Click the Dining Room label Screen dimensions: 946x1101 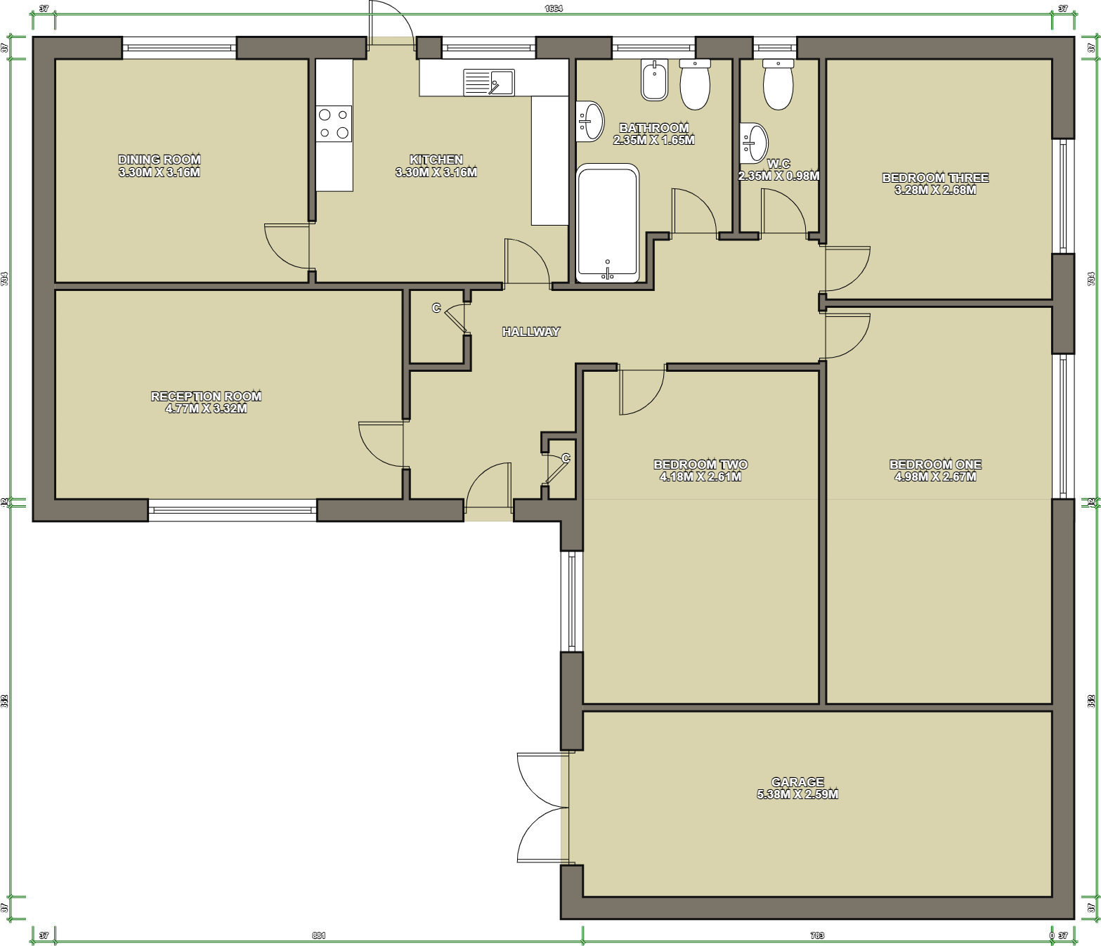(x=159, y=160)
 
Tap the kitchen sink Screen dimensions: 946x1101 (x=488, y=82)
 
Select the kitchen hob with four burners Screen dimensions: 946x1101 (x=333, y=124)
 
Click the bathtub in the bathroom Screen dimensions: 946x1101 (x=607, y=223)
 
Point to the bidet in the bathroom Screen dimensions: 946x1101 (x=654, y=80)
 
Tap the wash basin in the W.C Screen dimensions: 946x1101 (x=754, y=143)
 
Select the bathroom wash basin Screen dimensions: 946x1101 (x=589, y=122)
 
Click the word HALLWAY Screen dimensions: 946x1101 (x=530, y=332)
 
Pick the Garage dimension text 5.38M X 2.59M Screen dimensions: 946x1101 (x=797, y=794)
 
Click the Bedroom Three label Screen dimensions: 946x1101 (x=935, y=178)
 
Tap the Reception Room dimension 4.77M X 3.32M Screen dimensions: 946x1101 (x=206, y=408)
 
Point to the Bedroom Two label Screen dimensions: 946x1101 (x=701, y=465)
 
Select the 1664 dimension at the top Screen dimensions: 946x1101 (x=554, y=8)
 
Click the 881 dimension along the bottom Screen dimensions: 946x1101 (x=318, y=935)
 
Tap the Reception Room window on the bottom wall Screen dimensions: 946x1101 (x=233, y=510)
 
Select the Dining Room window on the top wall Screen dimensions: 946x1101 (x=179, y=48)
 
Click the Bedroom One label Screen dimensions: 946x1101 (x=935, y=465)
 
